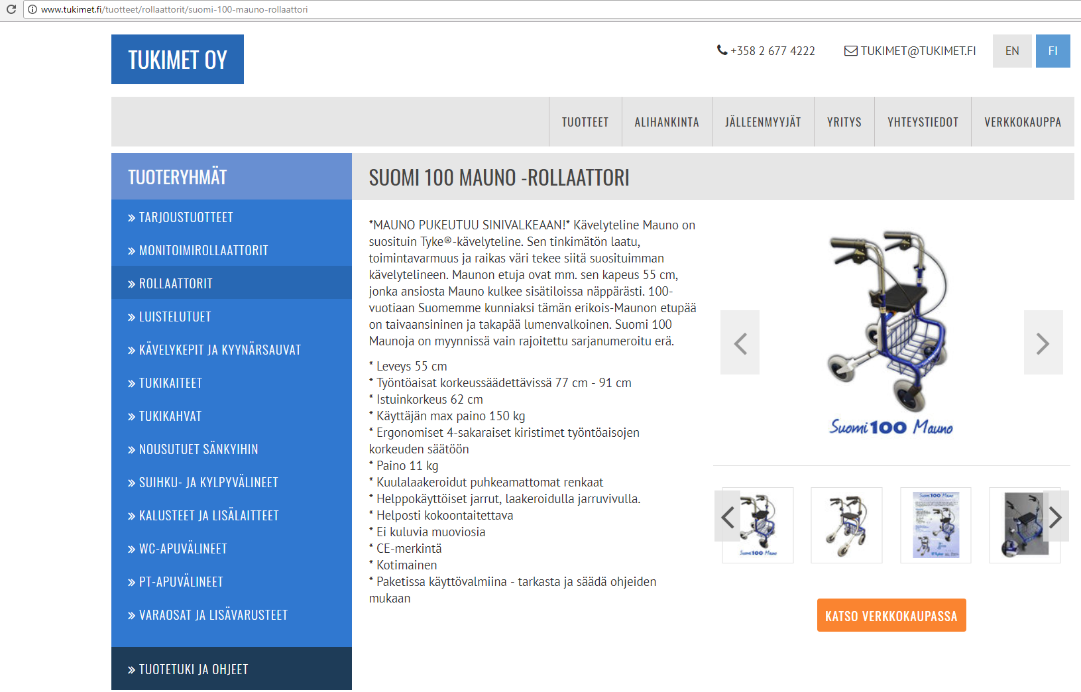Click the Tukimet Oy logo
click(x=177, y=60)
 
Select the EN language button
click(x=1012, y=50)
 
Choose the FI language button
click(x=1053, y=50)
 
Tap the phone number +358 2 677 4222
click(x=766, y=50)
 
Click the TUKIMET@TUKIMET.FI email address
click(x=910, y=50)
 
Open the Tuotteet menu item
click(x=585, y=122)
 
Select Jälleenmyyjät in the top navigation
click(x=763, y=122)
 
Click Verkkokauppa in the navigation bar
click(x=1023, y=122)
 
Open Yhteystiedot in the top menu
click(x=923, y=122)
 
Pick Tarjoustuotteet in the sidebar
click(x=180, y=217)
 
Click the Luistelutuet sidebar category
click(x=170, y=317)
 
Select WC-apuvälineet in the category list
click(x=178, y=549)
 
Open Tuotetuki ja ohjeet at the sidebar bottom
click(x=188, y=669)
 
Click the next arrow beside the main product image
click(x=1043, y=343)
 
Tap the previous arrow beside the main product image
click(x=740, y=343)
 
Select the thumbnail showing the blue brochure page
click(x=936, y=525)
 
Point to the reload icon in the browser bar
click(x=11, y=9)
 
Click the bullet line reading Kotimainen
click(x=403, y=565)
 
